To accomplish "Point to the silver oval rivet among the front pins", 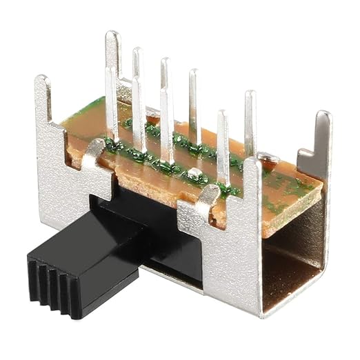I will [196, 173].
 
